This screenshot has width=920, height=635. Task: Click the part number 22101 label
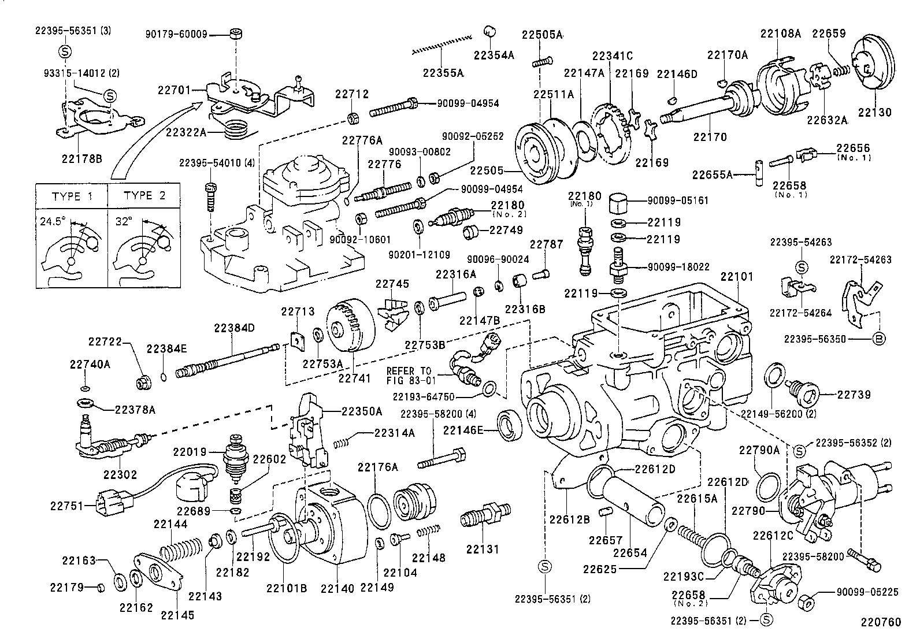coord(736,277)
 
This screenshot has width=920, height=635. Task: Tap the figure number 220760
coord(881,622)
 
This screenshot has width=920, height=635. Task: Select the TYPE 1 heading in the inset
coord(72,196)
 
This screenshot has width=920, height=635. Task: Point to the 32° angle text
coord(123,220)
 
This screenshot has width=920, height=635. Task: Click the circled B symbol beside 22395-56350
coord(878,339)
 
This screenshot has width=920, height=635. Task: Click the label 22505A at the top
coord(541,35)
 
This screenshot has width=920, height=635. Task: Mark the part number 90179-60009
coord(176,35)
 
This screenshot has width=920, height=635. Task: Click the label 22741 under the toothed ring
coord(354,378)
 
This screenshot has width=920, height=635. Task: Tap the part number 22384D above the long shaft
coord(233,328)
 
